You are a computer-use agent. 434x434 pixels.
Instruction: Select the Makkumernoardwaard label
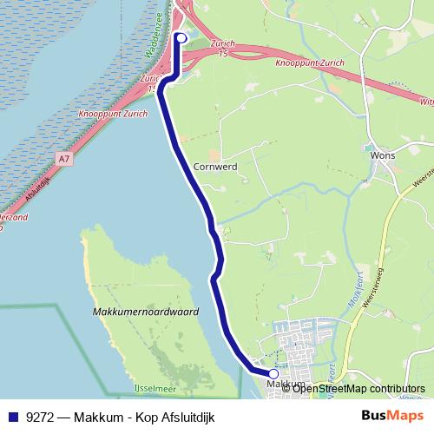click(x=145, y=311)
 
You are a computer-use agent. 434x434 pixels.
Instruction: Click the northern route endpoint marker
click(x=181, y=37)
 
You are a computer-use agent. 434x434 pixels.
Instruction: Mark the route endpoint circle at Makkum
click(x=274, y=374)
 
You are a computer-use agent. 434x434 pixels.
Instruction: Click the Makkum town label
click(x=286, y=384)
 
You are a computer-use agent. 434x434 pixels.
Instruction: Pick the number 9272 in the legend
click(x=41, y=417)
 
